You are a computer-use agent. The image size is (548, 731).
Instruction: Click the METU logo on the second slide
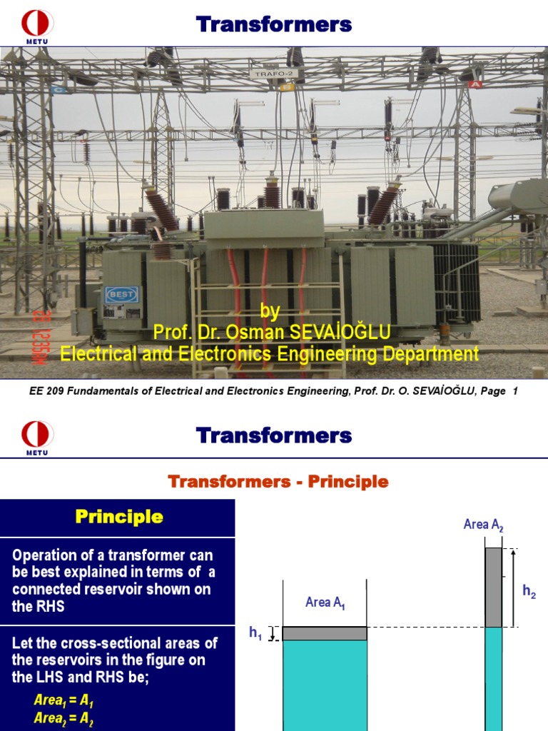point(38,435)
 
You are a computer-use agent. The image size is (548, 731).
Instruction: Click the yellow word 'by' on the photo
point(270,311)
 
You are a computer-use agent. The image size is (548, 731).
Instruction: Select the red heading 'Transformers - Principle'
point(278,482)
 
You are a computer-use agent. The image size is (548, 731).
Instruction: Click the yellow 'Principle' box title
point(119,518)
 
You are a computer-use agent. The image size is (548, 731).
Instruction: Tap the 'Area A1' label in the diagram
point(325,603)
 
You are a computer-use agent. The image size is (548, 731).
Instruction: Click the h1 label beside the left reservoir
point(255,632)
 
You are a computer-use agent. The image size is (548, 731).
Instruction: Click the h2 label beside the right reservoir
point(529,590)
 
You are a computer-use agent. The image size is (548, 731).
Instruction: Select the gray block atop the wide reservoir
point(325,633)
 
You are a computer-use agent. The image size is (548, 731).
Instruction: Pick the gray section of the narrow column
point(494,588)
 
